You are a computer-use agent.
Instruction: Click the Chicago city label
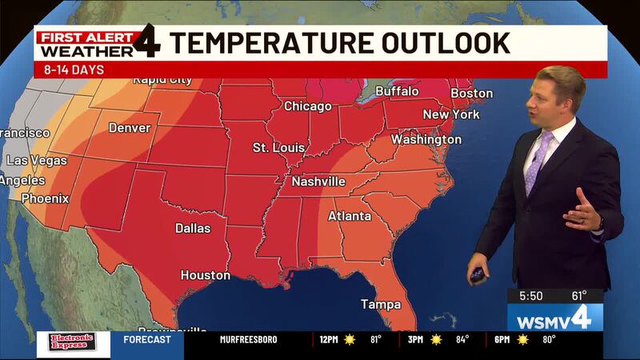point(308,106)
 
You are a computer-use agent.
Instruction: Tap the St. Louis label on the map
point(278,148)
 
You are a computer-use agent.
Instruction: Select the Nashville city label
point(318,182)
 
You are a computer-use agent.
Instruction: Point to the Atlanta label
point(350,216)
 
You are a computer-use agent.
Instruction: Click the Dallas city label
point(193,228)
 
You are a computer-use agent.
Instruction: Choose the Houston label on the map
point(205,275)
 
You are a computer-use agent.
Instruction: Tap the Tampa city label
point(380,304)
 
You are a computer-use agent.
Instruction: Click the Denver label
point(130,127)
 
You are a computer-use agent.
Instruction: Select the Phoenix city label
point(45,198)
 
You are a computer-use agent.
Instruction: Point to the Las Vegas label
point(38,161)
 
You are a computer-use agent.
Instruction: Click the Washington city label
point(426,139)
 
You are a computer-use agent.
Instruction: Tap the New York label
point(451,114)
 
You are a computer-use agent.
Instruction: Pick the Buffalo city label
point(397,92)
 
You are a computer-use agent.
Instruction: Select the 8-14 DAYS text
point(69,70)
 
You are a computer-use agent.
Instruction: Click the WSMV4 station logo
point(554,317)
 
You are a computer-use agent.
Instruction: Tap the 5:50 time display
point(530,295)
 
